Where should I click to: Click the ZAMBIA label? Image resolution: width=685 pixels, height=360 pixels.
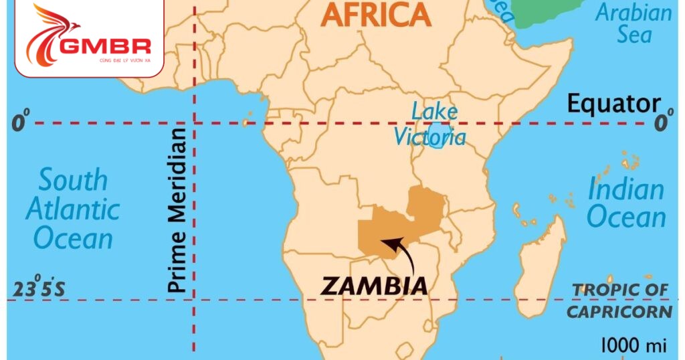[x=375, y=286]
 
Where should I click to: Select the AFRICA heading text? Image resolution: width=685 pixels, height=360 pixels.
[x=376, y=15]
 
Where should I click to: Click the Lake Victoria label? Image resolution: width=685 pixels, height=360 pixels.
[x=430, y=124]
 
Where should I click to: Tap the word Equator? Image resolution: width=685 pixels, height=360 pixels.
[x=613, y=104]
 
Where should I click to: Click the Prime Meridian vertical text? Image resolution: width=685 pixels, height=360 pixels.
[x=176, y=209]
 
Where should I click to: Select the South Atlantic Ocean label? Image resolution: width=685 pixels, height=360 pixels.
[x=72, y=209]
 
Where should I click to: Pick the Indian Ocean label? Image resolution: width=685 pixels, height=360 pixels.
[x=626, y=203]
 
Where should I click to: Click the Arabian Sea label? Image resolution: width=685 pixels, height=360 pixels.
[x=633, y=23]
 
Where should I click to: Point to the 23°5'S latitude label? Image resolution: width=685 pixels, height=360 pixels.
[x=39, y=289]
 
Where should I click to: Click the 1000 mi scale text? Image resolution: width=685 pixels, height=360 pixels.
[x=633, y=345]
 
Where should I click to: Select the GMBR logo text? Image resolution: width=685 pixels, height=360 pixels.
[x=105, y=46]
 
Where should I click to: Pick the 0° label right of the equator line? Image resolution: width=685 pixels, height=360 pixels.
[x=662, y=123]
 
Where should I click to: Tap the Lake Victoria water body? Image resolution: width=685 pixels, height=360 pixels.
[x=436, y=141]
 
